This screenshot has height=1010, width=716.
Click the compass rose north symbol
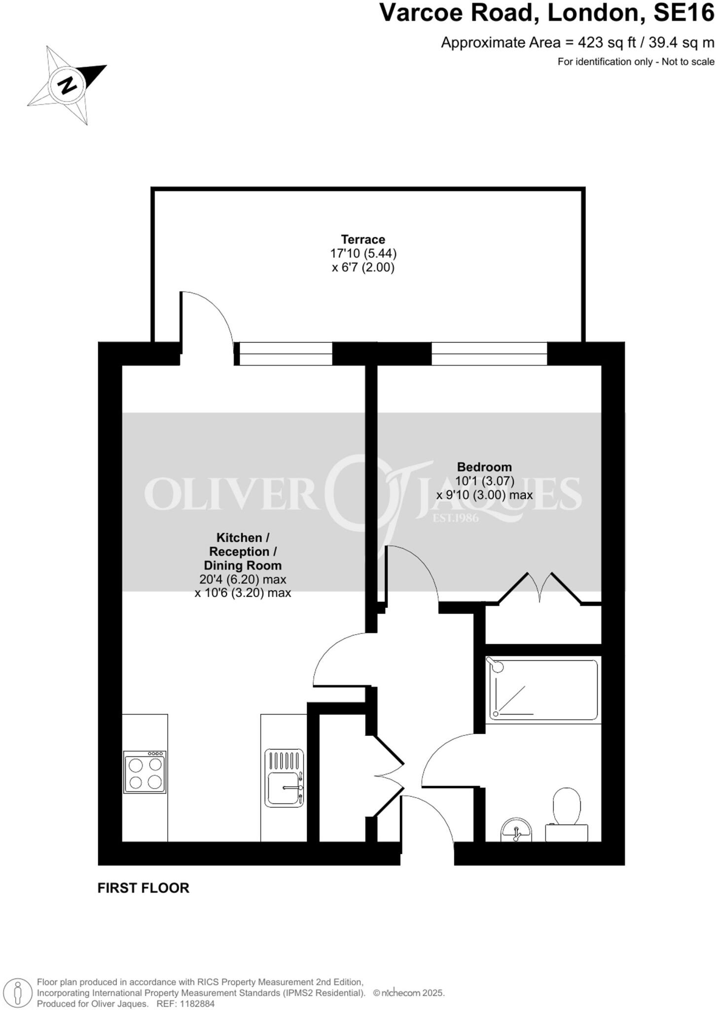pyautogui.click(x=68, y=85)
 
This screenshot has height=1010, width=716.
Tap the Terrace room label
pyautogui.click(x=363, y=240)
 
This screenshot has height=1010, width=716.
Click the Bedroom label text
pyautogui.click(x=484, y=467)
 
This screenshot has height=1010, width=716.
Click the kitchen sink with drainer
pyautogui.click(x=284, y=778)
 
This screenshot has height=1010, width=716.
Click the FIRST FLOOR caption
pyautogui.click(x=143, y=888)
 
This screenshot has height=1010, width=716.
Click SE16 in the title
pyautogui.click(x=683, y=13)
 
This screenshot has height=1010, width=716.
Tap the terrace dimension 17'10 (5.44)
pyautogui.click(x=363, y=253)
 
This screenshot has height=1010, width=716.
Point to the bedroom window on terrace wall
pyautogui.click(x=489, y=354)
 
